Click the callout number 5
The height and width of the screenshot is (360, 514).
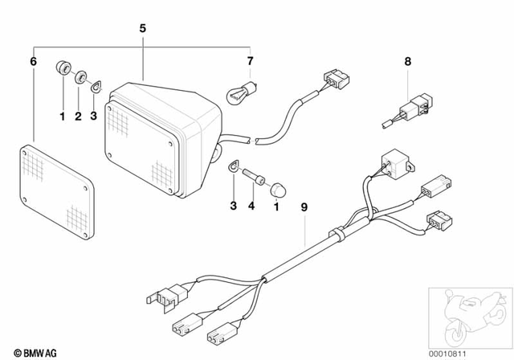coord(142,28)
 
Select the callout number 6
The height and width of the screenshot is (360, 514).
coord(33,61)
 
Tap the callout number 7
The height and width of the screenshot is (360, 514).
coord(250,61)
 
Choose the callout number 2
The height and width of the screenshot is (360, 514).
coord(79,117)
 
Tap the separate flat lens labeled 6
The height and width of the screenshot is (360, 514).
coord(57,190)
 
